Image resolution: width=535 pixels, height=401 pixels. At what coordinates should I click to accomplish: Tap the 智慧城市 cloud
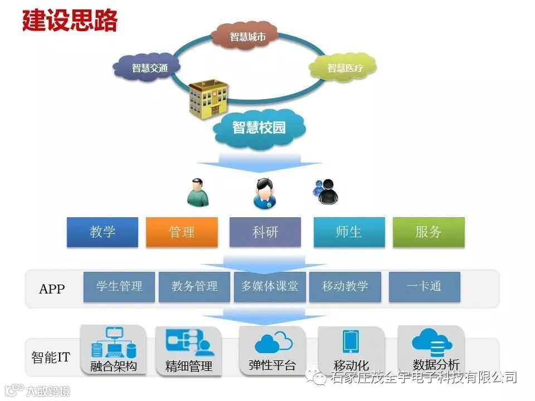pos(247,37)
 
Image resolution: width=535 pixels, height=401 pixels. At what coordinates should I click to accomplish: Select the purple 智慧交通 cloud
pos(148,68)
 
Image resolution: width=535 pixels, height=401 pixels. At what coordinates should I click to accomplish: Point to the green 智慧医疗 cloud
pos(344,68)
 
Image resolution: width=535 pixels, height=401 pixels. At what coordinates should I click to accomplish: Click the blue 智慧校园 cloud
pos(259,128)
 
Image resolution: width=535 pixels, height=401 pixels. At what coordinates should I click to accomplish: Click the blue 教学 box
pos(103,232)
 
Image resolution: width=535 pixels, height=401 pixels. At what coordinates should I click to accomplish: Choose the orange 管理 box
pos(182,232)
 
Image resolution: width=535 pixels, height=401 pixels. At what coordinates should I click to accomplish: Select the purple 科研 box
pos(265,232)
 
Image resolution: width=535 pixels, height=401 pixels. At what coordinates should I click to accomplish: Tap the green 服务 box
pos(428,232)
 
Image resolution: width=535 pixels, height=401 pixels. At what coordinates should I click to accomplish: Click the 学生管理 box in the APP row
pos(119,286)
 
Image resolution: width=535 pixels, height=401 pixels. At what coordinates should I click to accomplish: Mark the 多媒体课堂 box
pos(270,286)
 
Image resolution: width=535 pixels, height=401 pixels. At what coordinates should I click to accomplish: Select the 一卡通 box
pos(424,286)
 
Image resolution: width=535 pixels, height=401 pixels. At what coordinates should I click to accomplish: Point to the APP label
pos(52,289)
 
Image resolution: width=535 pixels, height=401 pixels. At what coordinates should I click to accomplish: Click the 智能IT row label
pos(51,357)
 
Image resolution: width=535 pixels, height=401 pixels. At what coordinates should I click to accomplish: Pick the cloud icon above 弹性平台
pos(273,341)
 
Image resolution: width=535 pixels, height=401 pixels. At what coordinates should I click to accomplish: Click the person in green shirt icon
pos(197,193)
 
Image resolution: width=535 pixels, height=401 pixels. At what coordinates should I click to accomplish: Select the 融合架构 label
pos(114,366)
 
